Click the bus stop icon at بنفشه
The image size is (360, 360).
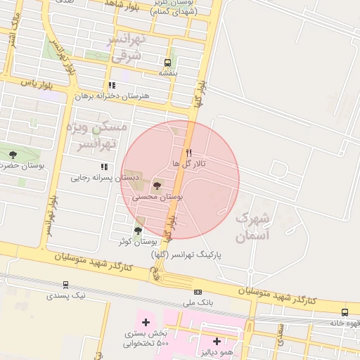167,62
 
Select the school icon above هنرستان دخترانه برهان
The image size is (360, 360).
112,85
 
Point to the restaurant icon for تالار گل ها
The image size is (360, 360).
188,152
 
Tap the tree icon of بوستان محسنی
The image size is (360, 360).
157,186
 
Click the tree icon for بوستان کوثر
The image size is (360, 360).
138,230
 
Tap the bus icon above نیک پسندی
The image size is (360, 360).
65,285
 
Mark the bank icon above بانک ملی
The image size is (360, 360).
198,292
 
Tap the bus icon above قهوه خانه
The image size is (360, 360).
345,312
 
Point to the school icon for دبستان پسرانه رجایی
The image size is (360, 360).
104,167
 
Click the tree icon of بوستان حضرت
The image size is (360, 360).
12,155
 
